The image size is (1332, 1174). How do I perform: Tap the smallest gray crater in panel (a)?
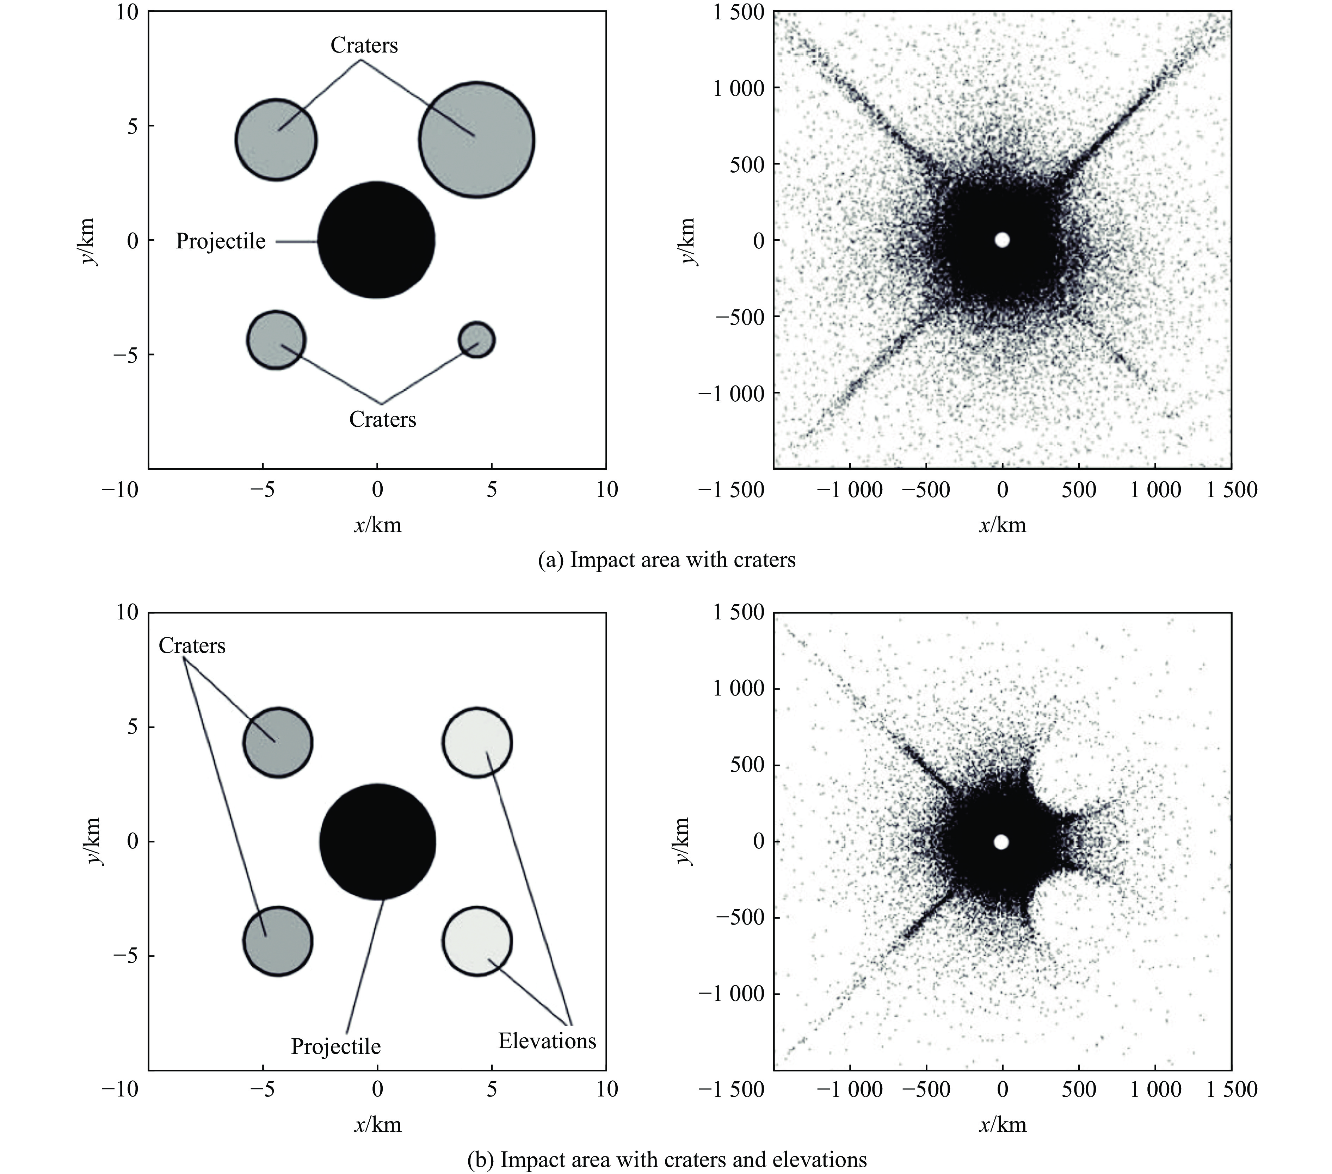[476, 339]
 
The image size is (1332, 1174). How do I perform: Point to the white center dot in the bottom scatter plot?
[1001, 842]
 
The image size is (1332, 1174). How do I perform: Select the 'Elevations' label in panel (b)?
[547, 1041]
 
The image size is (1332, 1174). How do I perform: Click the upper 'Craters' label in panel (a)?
[364, 45]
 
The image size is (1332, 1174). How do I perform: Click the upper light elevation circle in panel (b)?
[477, 743]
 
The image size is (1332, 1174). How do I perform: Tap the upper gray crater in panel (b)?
[278, 743]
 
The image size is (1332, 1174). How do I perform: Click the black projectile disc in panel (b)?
[377, 842]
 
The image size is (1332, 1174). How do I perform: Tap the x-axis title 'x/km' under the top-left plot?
[377, 524]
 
